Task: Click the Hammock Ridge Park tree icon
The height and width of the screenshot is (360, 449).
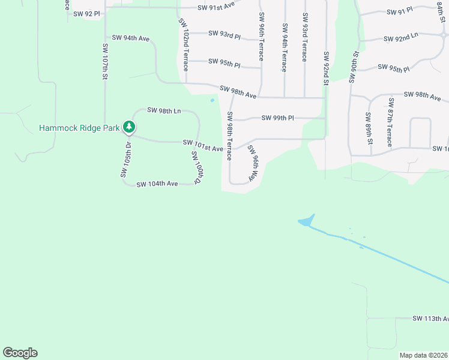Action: pyautogui.click(x=128, y=127)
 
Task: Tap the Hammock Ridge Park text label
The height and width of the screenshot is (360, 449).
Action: pyautogui.click(x=80, y=128)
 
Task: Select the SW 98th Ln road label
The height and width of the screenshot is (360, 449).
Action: pyautogui.click(x=164, y=110)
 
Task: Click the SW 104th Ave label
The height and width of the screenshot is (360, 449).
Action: pyautogui.click(x=157, y=184)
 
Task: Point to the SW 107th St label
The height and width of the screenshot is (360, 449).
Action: pyautogui.click(x=104, y=61)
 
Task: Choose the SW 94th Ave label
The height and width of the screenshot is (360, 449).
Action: pyautogui.click(x=128, y=38)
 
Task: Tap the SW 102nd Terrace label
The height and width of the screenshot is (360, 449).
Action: pyautogui.click(x=184, y=44)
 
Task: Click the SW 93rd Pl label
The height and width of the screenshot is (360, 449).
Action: pyautogui.click(x=224, y=34)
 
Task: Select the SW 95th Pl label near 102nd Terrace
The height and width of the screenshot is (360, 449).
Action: pyautogui.click(x=224, y=62)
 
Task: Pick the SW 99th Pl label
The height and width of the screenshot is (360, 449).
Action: pyautogui.click(x=277, y=118)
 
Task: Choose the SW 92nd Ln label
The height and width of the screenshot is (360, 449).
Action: pyautogui.click(x=400, y=38)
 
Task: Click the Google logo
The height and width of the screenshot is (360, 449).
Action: pyautogui.click(x=20, y=353)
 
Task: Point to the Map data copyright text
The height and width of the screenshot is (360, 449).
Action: pyautogui.click(x=423, y=355)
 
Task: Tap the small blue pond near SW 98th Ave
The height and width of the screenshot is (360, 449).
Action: pyautogui.click(x=212, y=100)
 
